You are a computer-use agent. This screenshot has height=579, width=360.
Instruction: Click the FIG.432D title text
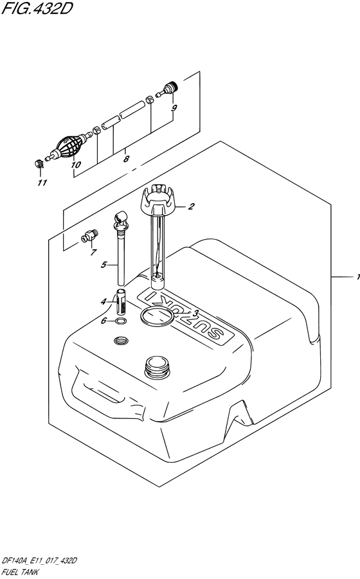tap(36, 8)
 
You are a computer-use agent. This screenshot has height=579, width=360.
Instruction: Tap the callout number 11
tap(43, 183)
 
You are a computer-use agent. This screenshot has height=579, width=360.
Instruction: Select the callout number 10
tap(75, 165)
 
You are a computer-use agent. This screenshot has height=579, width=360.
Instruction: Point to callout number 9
tap(174, 108)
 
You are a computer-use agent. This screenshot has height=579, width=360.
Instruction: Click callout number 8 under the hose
tap(126, 159)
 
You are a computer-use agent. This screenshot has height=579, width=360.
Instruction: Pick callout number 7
tap(93, 253)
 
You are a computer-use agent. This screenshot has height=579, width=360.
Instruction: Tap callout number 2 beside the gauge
tap(191, 206)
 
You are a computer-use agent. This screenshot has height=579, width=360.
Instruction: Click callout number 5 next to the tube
tap(104, 264)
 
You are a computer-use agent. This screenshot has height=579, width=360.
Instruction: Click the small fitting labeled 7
tap(89, 236)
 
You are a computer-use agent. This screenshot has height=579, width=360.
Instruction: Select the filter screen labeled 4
tap(122, 301)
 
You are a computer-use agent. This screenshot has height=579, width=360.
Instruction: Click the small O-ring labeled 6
tap(120, 321)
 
